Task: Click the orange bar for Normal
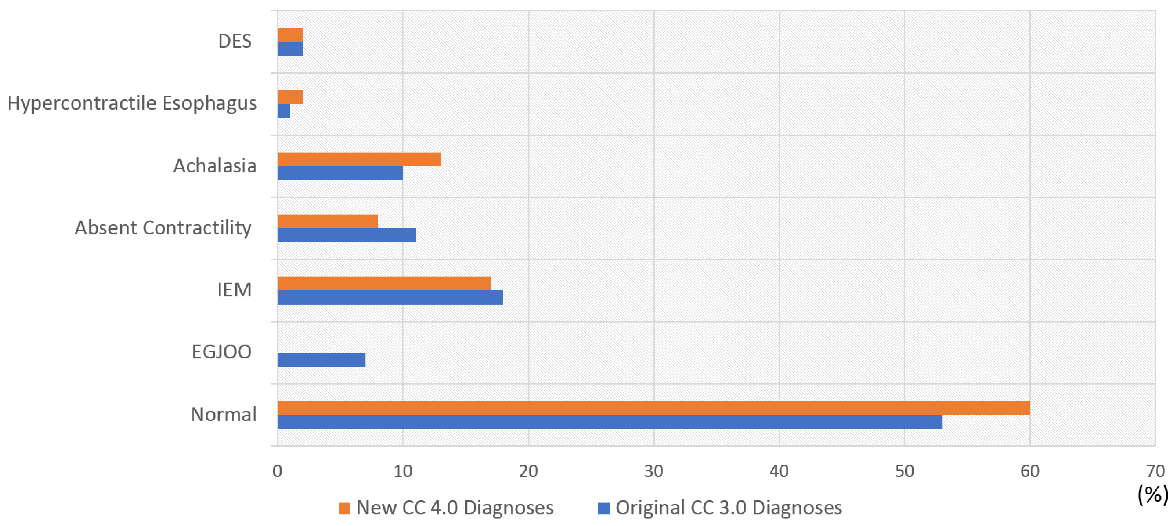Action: [x=653, y=408]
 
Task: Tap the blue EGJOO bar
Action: [x=321, y=360]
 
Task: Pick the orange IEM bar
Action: [x=384, y=283]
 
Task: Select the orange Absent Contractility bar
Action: [x=327, y=221]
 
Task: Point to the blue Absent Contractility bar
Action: [x=346, y=235]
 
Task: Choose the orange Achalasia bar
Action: [x=359, y=159]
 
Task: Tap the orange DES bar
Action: [x=290, y=35]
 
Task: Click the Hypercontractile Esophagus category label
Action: [x=132, y=103]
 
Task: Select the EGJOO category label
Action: [x=221, y=352]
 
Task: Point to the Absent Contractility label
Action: [x=163, y=228]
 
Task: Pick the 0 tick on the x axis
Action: [x=277, y=471]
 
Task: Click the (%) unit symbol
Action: [x=1153, y=495]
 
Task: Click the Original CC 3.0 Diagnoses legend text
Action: [x=728, y=508]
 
